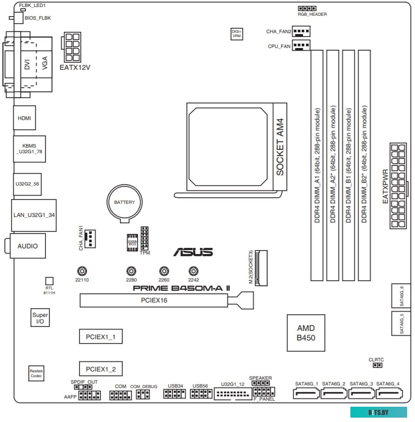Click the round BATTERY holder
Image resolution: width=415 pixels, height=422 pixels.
(x=124, y=202)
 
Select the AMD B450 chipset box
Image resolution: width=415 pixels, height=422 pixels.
(x=306, y=333)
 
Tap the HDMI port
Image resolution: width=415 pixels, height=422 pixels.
(x=24, y=118)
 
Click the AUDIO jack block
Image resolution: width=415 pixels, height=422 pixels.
(x=27, y=246)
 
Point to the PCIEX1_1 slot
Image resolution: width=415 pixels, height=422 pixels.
(x=100, y=336)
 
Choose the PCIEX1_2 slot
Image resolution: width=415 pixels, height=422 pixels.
(x=100, y=369)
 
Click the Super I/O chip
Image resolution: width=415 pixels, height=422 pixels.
(x=40, y=318)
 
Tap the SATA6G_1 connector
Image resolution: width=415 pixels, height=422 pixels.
(x=307, y=394)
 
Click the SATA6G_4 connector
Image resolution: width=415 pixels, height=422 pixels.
(x=388, y=394)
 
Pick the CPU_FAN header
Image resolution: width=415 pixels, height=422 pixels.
(x=300, y=45)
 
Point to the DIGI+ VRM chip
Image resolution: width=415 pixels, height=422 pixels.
(x=237, y=34)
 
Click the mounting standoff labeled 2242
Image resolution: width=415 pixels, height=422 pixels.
(x=193, y=271)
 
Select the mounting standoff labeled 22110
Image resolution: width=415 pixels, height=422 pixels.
(x=82, y=271)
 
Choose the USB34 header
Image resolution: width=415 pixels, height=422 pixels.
(x=175, y=395)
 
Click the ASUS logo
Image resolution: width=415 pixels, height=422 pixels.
(x=193, y=252)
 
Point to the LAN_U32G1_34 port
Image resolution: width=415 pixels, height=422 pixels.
(x=34, y=215)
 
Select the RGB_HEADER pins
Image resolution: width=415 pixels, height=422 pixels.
(x=307, y=8)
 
